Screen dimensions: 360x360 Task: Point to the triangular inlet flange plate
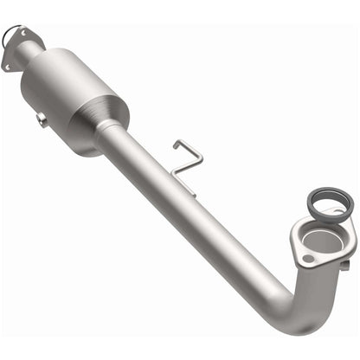click(x=21, y=47)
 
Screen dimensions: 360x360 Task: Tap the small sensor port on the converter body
click(x=42, y=119)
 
